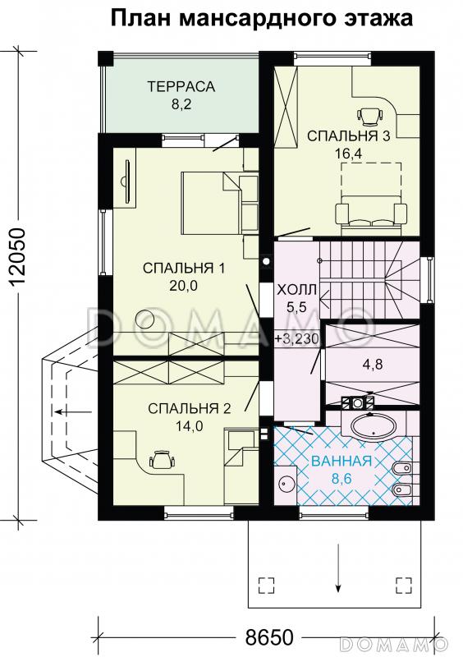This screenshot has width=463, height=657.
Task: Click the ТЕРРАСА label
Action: [181, 87]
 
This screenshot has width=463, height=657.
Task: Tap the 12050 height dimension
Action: [17, 256]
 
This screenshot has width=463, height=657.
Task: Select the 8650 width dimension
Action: [269, 638]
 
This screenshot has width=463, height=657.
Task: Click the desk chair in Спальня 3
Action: [370, 114]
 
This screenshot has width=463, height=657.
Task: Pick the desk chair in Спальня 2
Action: [162, 459]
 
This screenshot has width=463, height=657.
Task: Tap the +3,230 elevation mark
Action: [298, 338]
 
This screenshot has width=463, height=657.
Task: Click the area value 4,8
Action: [372, 364]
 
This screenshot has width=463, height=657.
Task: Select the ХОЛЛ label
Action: [297, 290]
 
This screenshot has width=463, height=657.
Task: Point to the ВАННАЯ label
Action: [342, 461]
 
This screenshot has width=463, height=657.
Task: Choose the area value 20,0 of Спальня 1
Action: [184, 285]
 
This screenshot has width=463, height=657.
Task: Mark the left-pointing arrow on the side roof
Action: [73, 412]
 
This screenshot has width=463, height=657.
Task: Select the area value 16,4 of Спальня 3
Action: [348, 154]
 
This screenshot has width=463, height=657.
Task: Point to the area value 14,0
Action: [190, 426]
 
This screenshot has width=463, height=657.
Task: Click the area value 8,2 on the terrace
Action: [181, 104]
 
